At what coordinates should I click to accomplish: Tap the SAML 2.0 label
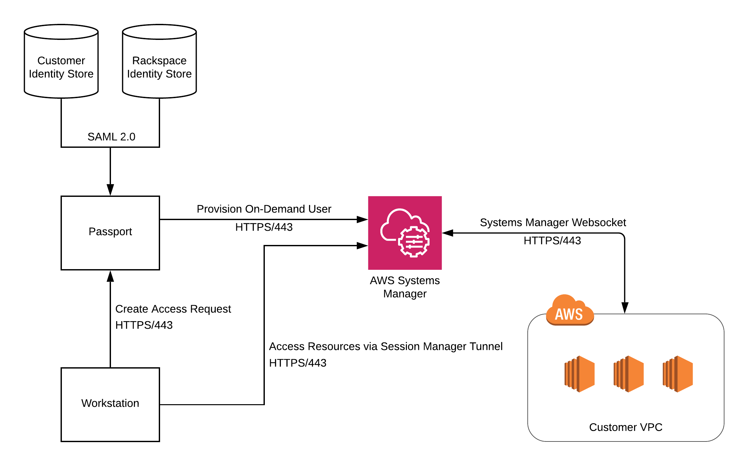111,137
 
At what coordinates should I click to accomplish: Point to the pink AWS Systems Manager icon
405,233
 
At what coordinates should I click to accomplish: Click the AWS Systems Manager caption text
405,287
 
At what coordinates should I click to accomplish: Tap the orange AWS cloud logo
570,311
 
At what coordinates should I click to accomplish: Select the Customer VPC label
626,427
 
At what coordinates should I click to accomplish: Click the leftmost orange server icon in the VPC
579,374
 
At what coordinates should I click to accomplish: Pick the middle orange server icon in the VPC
629,374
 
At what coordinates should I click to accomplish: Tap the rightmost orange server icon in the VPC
678,374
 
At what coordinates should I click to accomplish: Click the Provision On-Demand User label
264,209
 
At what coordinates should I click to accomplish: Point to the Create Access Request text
173,309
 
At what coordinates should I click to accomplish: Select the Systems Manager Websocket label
553,222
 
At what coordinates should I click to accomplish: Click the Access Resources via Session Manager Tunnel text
386,346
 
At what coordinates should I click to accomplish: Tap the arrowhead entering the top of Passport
110,190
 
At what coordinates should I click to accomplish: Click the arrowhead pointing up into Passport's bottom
110,276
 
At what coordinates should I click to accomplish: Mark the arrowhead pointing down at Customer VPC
625,308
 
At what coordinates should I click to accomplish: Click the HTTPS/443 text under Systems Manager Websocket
552,241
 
